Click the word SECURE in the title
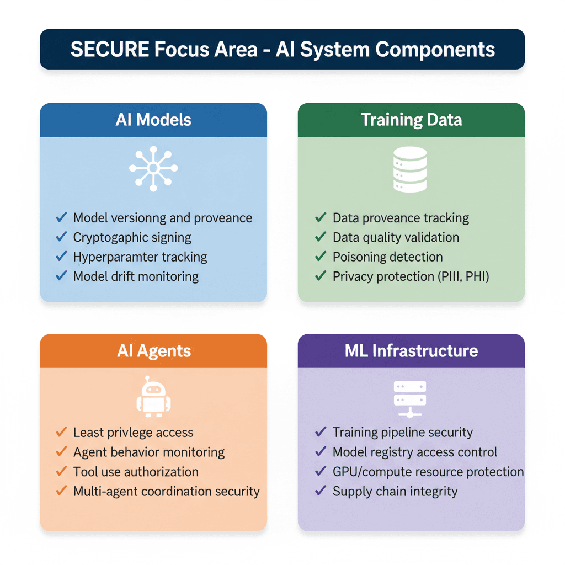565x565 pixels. tap(110, 49)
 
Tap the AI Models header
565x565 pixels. tap(153, 120)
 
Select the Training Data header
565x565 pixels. tap(411, 120)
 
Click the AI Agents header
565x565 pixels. tap(153, 351)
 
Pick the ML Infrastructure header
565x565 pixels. tap(411, 351)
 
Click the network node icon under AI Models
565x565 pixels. tap(153, 169)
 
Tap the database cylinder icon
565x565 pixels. tap(409, 169)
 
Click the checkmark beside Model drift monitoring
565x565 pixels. tap(62, 276)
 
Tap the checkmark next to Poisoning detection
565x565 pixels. tap(321, 257)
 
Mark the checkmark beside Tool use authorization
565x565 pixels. tap(62, 472)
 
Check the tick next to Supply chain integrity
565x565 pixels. tap(321, 491)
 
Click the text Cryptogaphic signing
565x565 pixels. tap(132, 237)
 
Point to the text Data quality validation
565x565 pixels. tap(396, 237)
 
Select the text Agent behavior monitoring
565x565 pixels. tap(149, 452)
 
